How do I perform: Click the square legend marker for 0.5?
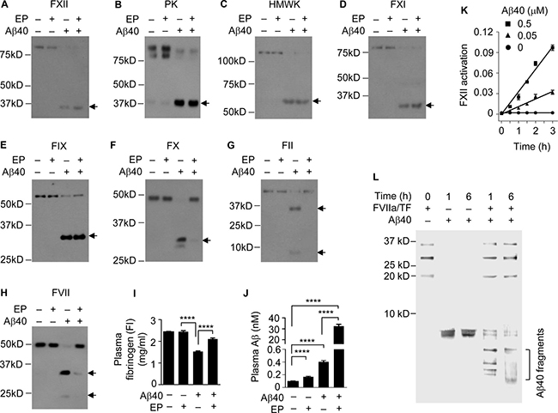click(507, 24)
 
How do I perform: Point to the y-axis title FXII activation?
click(464, 76)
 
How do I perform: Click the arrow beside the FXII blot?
click(93, 106)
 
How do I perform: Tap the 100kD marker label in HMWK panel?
click(231, 61)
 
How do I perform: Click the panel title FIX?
click(58, 146)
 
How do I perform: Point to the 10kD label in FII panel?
click(240, 247)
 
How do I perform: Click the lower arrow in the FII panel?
click(322, 252)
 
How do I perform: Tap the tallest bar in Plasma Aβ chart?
click(339, 356)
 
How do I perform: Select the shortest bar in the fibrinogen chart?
click(197, 367)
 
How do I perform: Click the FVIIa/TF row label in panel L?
click(393, 208)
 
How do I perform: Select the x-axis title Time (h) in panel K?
click(531, 146)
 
